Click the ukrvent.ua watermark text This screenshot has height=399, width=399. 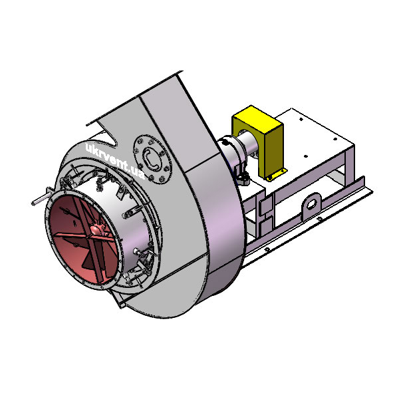coord(115,161)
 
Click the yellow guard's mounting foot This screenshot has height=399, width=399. coord(277,175)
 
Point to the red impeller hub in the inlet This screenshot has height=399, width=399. coord(98,230)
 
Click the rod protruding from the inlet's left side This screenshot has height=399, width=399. coord(41,200)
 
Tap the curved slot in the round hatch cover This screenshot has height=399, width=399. coord(151,160)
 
